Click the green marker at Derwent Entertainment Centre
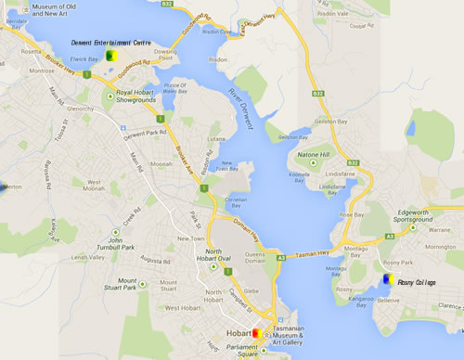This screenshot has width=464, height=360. tap(110, 56)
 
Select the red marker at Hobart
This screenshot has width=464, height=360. tap(257, 335)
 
